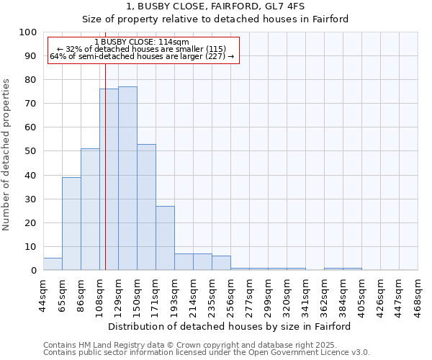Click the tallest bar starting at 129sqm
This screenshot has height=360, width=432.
click(x=127, y=179)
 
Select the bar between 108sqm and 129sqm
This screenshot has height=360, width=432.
click(x=109, y=180)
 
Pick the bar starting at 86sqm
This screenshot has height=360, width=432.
click(x=90, y=210)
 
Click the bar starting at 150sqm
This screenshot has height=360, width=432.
click(x=146, y=207)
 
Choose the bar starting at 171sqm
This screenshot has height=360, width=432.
click(x=165, y=238)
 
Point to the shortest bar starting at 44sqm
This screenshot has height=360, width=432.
click(x=53, y=264)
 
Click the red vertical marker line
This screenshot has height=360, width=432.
click(x=105, y=166)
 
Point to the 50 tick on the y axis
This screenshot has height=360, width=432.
click(x=30, y=151)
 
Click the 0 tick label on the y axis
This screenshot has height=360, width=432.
click(x=33, y=271)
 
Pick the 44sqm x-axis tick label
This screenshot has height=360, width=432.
click(x=44, y=294)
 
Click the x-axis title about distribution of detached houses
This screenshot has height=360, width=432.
click(x=230, y=326)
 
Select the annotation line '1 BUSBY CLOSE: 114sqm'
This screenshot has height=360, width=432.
click(x=142, y=42)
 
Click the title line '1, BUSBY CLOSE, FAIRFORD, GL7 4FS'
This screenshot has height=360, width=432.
click(x=215, y=6)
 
